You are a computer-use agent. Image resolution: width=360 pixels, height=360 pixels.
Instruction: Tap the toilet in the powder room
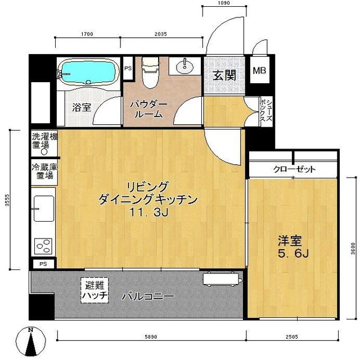point(150,74)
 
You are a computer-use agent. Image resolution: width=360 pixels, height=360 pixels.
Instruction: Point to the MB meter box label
point(259,71)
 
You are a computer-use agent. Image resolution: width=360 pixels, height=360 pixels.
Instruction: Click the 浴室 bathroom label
point(82,107)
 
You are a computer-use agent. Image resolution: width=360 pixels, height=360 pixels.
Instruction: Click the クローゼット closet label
point(294,169)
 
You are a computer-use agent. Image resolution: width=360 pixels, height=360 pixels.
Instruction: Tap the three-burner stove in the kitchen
point(43,246)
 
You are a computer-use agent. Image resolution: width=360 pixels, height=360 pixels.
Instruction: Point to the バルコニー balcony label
point(149,296)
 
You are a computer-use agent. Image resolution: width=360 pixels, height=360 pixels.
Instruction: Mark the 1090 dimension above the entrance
point(223,4)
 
